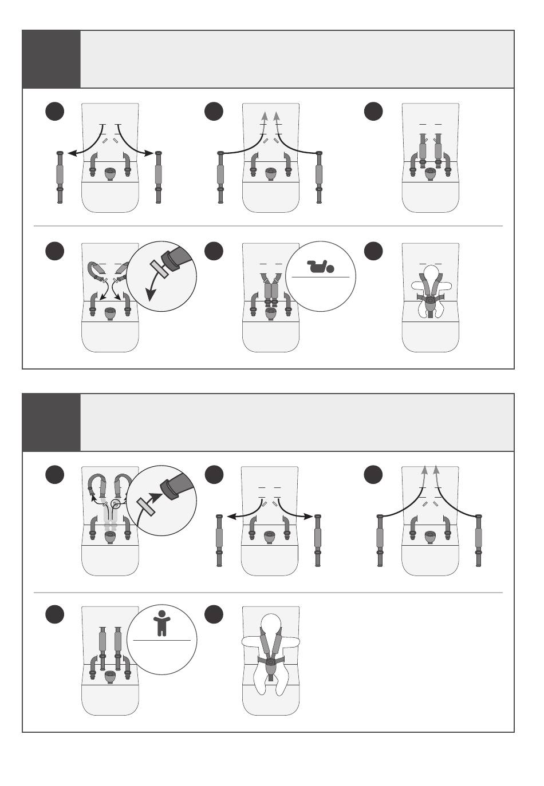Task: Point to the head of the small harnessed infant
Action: pos(431,269)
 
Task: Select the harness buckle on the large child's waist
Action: pos(270,660)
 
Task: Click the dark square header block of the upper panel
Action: pos(51,59)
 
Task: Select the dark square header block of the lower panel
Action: pos(51,422)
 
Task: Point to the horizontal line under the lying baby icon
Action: pos(320,277)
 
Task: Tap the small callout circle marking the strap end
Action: pos(116,504)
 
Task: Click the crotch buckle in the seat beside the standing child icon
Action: pos(110,676)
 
